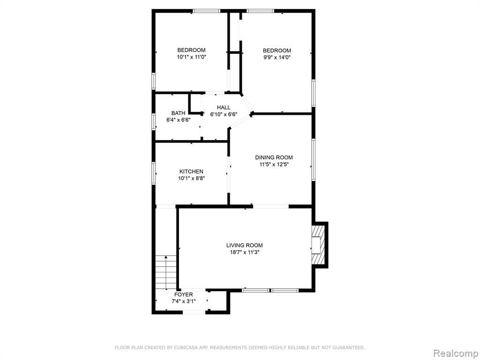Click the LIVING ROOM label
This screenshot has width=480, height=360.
(x=244, y=245)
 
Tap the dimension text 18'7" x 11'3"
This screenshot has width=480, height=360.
(x=244, y=253)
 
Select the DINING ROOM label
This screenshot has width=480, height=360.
(x=274, y=157)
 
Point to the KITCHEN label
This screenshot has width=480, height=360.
(x=191, y=172)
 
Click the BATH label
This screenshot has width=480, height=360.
(x=178, y=113)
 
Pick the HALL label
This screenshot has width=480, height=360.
(x=224, y=107)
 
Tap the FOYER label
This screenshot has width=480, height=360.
(x=184, y=294)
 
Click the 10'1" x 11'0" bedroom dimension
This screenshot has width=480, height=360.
(x=191, y=57)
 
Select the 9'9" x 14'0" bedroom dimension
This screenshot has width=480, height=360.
(x=277, y=57)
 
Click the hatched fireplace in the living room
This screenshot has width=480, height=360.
(x=318, y=245)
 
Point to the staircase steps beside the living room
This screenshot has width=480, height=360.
(x=166, y=272)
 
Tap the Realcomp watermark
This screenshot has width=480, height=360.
(x=456, y=353)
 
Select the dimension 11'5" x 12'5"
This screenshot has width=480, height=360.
(x=274, y=165)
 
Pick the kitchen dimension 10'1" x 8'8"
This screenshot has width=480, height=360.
(x=191, y=179)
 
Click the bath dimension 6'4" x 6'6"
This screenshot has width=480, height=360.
(x=178, y=120)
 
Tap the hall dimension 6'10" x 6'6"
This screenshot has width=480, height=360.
(x=224, y=114)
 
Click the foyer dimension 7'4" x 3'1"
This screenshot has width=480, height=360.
(x=184, y=301)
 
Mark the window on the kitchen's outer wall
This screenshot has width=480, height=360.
(x=154, y=173)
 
